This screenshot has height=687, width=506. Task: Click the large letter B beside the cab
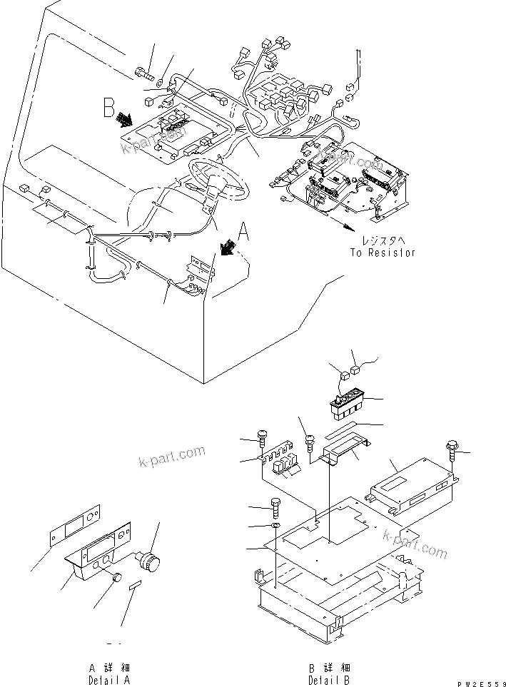tap(109, 108)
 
